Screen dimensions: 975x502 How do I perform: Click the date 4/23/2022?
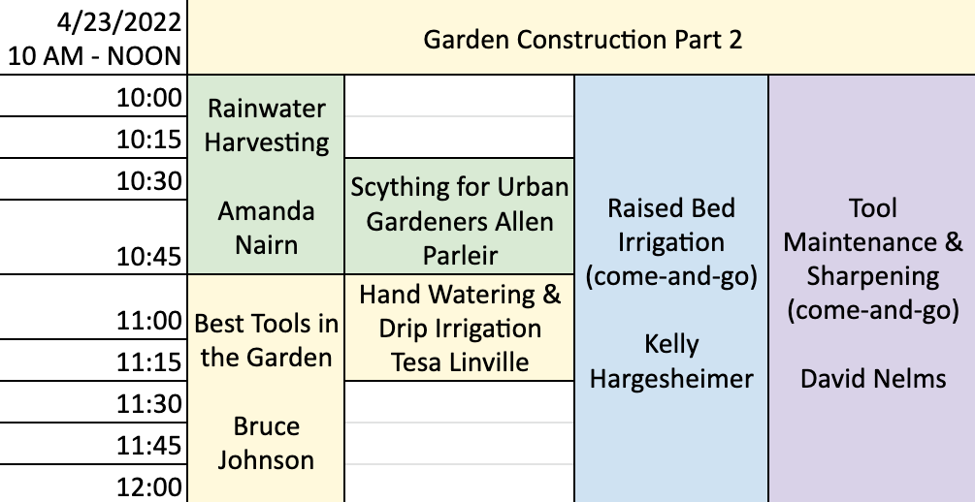[118, 23]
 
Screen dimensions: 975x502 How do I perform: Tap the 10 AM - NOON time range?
[94, 56]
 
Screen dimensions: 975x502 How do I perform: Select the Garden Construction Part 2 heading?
[583, 40]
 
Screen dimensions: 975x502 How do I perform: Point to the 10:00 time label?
[149, 98]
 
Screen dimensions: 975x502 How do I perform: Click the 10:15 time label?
[149, 140]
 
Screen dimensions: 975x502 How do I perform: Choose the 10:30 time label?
[149, 181]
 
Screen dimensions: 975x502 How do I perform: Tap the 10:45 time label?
[149, 256]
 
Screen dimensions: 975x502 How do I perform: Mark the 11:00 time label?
[149, 321]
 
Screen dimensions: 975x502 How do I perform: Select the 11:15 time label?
[149, 362]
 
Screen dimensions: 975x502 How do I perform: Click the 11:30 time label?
[149, 404]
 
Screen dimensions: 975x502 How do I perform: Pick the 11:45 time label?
[149, 446]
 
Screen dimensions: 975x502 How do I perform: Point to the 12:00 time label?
[149, 487]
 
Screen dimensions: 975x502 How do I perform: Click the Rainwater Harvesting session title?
[266, 126]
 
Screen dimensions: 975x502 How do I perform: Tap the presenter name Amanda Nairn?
[266, 228]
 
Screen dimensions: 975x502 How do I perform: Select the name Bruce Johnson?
[266, 443]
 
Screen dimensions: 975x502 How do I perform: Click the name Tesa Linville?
[460, 362]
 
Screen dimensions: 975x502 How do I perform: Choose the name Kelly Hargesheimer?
[671, 361]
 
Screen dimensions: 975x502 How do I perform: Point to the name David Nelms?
[873, 378]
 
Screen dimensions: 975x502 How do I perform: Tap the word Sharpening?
[873, 277]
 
